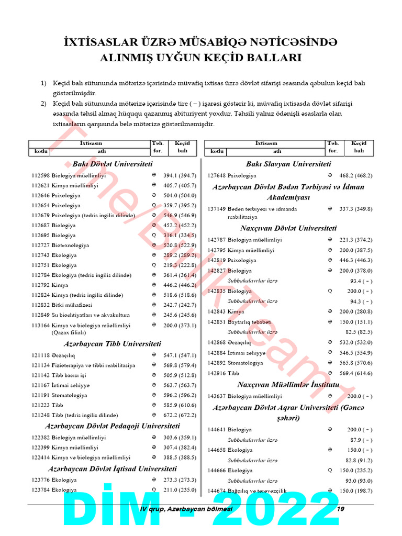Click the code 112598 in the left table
[x=40, y=176]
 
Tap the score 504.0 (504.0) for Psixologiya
[x=180, y=196]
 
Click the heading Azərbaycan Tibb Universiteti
[x=112, y=344]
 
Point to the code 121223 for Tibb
[x=40, y=405]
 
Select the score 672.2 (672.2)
[x=180, y=415]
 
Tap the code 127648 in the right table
[x=217, y=176]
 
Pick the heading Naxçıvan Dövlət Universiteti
[x=288, y=228]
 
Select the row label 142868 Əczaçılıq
[x=229, y=343]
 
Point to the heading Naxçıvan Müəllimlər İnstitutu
[x=288, y=385]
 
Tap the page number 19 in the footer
[x=340, y=509]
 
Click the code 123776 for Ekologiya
[x=40, y=480]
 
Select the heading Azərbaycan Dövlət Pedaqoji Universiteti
[x=112, y=426]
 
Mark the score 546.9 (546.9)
[x=180, y=216]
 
